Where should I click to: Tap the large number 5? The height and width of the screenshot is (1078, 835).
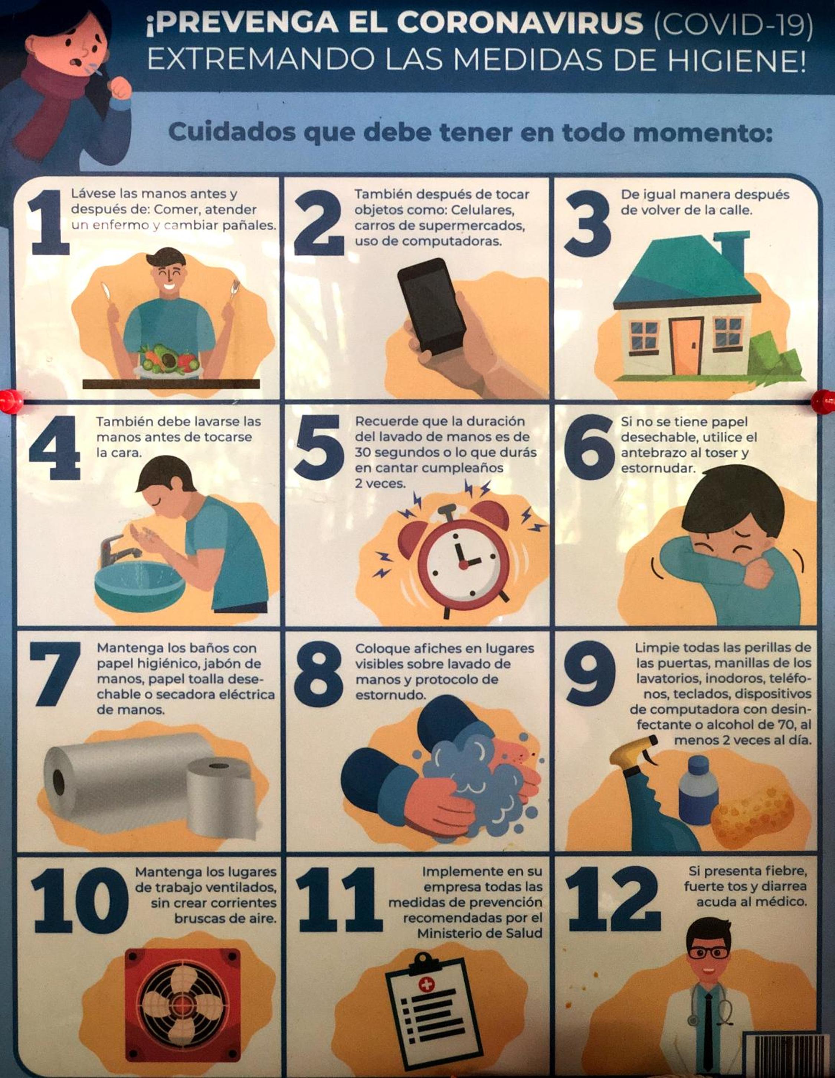[x=319, y=447]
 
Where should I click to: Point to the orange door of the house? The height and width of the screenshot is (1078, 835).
[x=686, y=346]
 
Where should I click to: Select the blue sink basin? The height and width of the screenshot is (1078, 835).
[x=140, y=587]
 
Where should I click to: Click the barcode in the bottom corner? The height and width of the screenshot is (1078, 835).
[x=790, y=1056]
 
